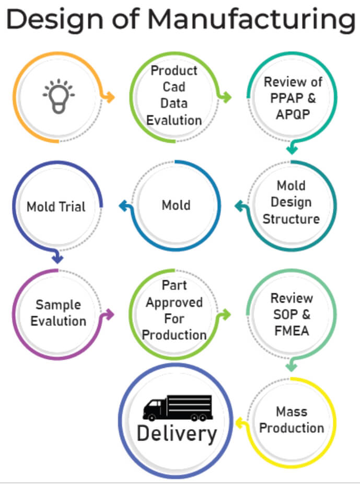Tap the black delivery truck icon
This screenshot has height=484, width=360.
[177, 408]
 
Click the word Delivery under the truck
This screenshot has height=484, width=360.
[177, 434]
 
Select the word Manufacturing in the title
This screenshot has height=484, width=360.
[251, 20]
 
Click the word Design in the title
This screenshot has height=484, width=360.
[55, 20]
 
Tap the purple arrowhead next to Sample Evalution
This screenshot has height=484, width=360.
[109, 315]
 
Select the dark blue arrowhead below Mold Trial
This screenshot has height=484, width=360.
[57, 258]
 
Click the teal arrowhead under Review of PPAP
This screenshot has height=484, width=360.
[292, 149]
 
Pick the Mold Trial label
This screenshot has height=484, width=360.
[56, 207]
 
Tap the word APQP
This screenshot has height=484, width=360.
[293, 114]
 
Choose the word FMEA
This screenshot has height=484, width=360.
[292, 331]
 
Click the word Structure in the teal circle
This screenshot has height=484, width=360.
[291, 219]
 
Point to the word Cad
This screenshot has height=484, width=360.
[174, 87]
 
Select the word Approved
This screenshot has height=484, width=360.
[175, 303]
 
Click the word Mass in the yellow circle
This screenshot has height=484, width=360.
[292, 411]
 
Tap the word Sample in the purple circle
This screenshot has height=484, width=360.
[59, 305]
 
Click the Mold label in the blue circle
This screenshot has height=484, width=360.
[176, 205]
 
